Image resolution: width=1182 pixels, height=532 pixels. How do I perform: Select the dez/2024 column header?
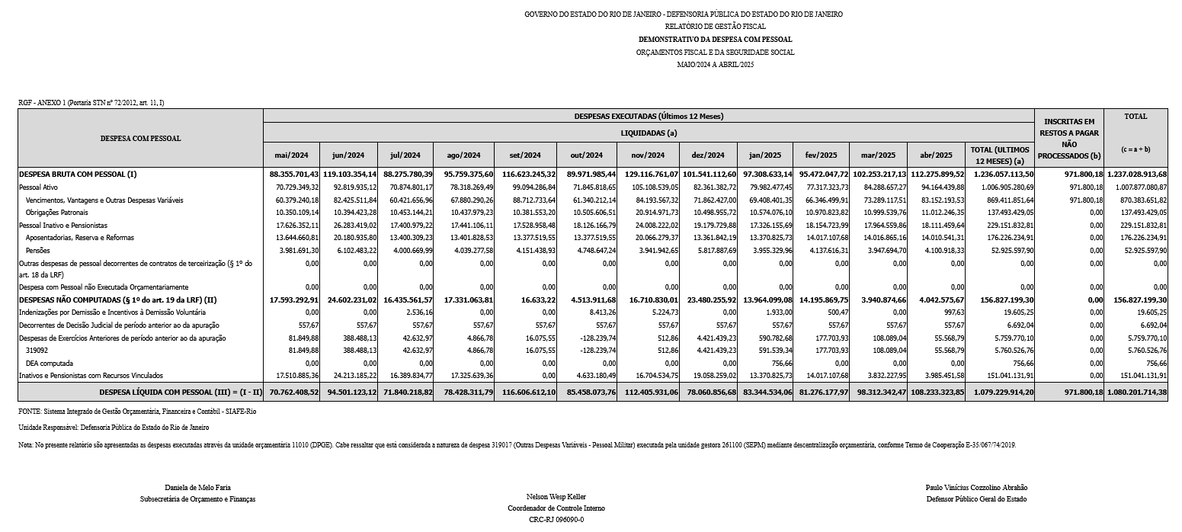699,155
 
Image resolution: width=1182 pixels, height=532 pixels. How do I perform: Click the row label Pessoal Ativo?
38,187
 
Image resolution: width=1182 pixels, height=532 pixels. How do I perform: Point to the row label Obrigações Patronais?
57,213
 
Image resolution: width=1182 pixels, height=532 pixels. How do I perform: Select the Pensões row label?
38,251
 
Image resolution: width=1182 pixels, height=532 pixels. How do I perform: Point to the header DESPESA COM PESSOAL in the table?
140,139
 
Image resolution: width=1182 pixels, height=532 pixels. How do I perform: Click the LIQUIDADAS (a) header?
649,133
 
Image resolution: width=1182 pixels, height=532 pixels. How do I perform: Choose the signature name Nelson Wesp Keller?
556,497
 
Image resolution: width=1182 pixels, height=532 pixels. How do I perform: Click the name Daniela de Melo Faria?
197,487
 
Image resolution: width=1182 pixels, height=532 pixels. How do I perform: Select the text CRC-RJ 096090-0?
556,519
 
